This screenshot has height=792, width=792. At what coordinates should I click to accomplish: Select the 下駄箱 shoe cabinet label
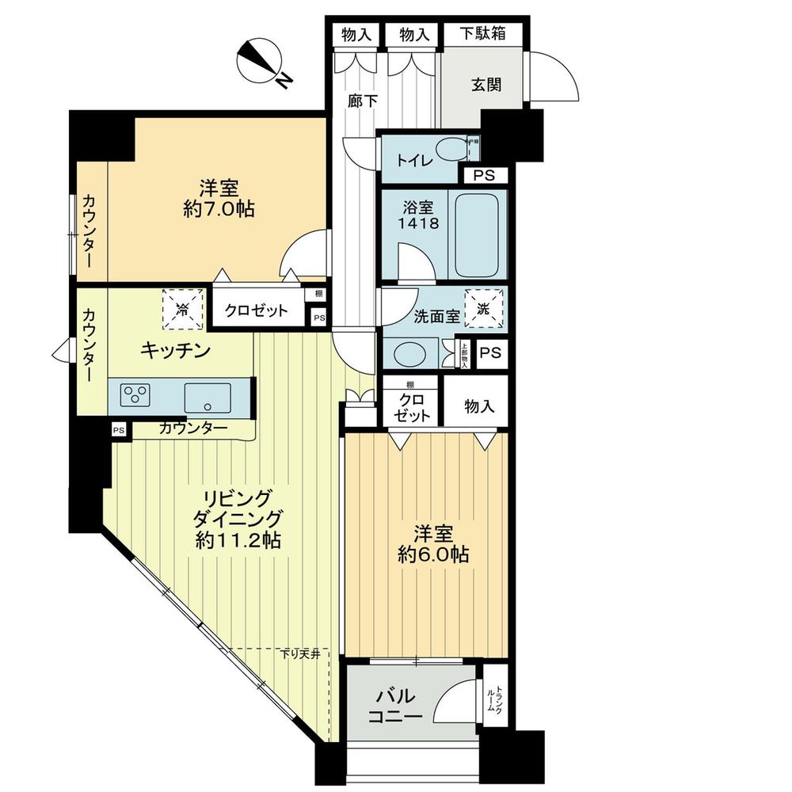482,35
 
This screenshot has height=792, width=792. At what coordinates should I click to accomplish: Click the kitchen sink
208,394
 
